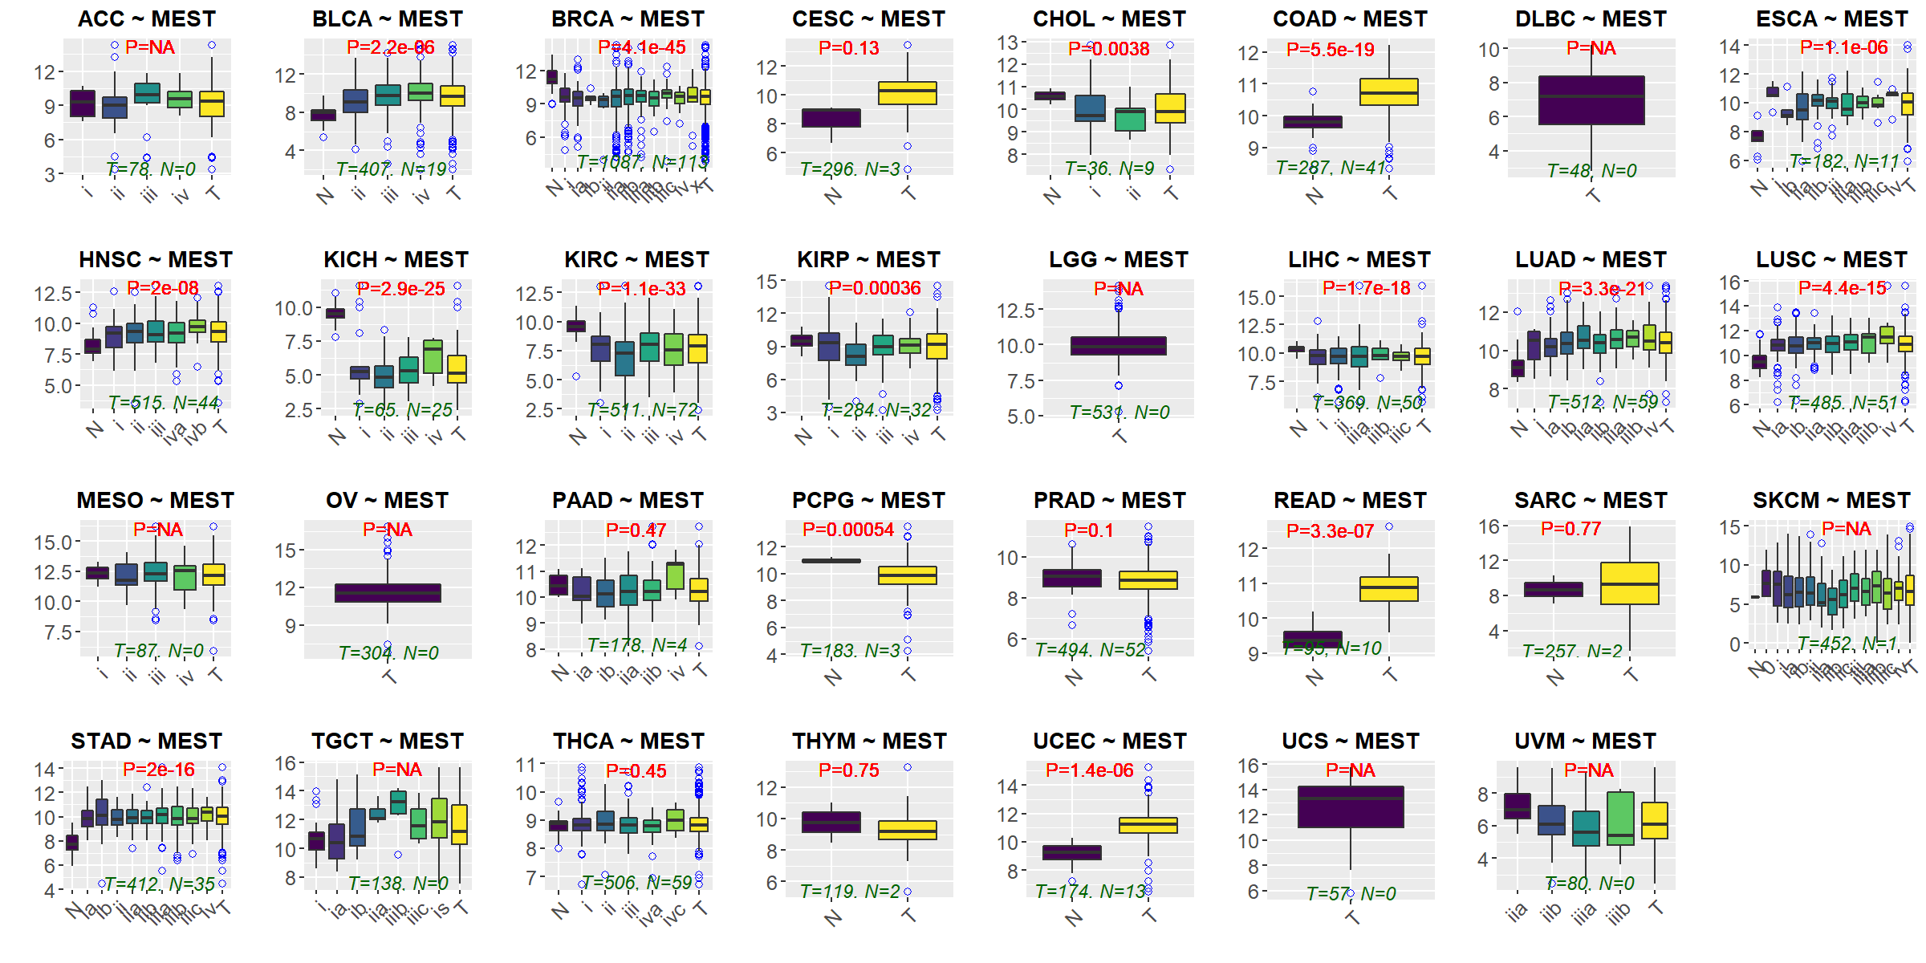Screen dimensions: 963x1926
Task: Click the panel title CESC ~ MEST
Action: tap(868, 18)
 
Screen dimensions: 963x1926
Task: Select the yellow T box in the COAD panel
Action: tap(1389, 91)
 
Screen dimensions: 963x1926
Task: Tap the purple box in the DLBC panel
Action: tap(1591, 100)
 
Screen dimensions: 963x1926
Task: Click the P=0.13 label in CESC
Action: tap(848, 48)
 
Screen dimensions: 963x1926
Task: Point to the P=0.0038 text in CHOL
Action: tap(1108, 49)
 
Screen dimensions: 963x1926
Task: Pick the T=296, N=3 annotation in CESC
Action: tap(850, 169)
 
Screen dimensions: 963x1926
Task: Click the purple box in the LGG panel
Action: tap(1119, 346)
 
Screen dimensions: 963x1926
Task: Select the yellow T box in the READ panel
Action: tap(1389, 589)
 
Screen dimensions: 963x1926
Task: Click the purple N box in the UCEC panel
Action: tap(1071, 852)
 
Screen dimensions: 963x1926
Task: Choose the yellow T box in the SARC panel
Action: tap(1629, 583)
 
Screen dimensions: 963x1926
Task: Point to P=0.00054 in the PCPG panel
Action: tap(847, 530)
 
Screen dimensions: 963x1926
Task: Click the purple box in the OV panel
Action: tap(388, 593)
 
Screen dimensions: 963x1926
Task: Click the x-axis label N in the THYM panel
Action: tap(833, 917)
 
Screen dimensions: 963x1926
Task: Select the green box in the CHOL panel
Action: tap(1130, 120)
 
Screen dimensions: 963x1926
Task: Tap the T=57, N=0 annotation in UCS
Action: tap(1351, 893)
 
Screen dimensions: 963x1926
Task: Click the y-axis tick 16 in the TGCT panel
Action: tap(286, 763)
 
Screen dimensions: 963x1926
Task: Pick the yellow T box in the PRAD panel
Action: tap(1148, 580)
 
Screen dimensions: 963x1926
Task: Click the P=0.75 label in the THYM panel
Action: tap(848, 770)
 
